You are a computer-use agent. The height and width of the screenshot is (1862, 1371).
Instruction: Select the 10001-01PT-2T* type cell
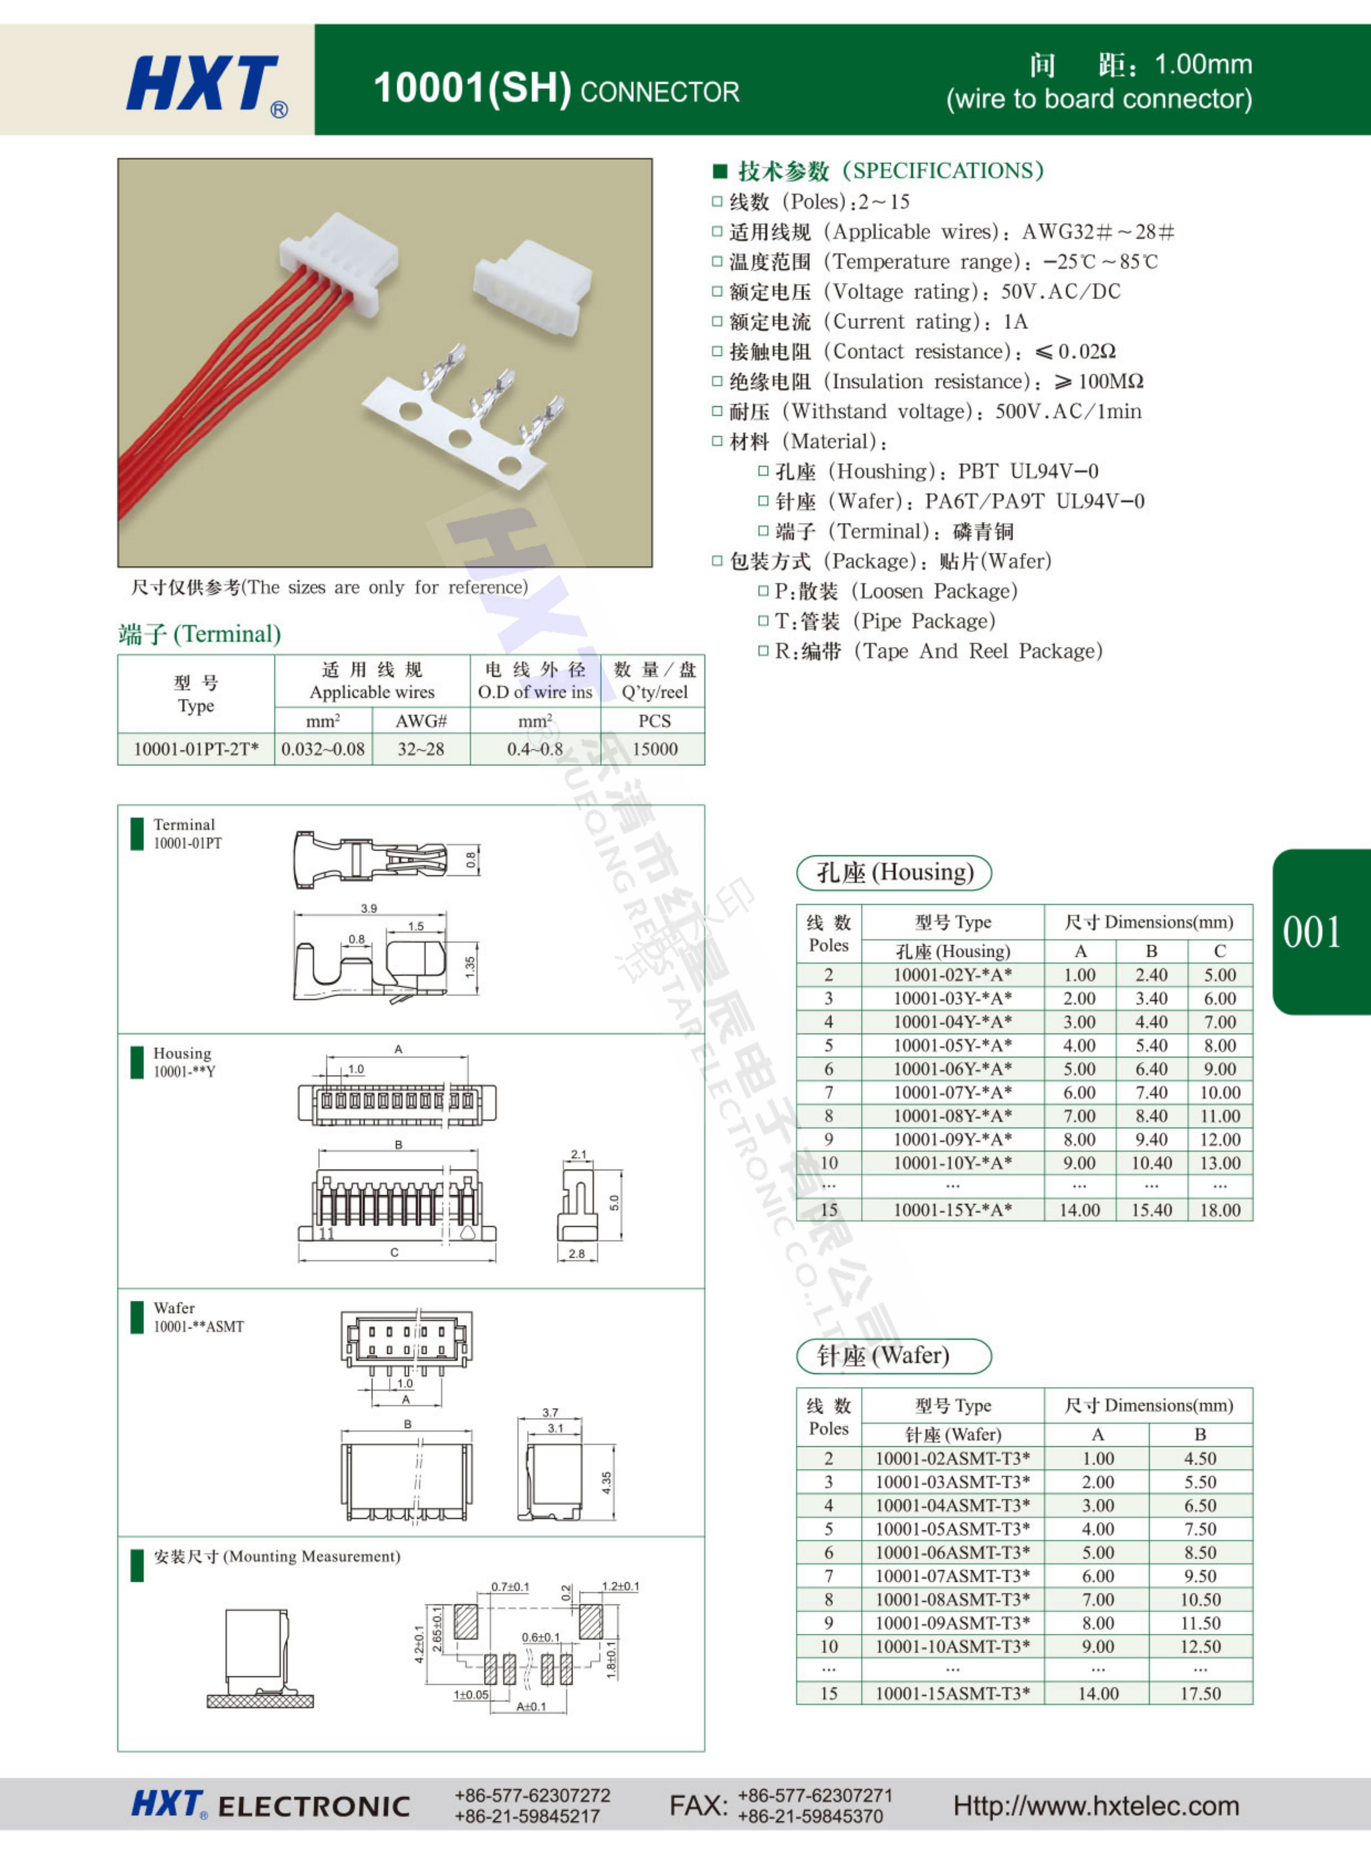click(196, 749)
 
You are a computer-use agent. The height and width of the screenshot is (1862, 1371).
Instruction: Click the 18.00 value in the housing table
click(1219, 1210)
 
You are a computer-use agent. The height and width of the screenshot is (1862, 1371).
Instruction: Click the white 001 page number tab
click(1311, 932)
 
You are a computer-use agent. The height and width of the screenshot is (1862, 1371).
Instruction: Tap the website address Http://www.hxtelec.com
click(1096, 1805)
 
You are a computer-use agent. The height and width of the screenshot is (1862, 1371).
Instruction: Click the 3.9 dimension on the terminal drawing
click(369, 908)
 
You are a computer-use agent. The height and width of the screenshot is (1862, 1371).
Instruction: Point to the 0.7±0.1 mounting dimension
click(510, 1586)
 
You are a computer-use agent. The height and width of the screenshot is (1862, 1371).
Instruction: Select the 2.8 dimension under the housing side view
click(577, 1253)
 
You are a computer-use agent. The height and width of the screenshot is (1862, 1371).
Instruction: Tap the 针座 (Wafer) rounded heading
click(894, 1356)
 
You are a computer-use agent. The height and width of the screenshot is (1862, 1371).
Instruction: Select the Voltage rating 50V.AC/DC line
click(924, 292)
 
